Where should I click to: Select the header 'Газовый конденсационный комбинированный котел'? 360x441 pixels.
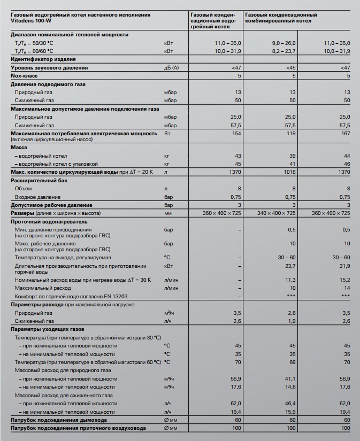[x=280, y=18]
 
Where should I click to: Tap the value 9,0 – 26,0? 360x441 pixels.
[x=283, y=42]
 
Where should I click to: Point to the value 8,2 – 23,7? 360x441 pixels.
[x=283, y=51]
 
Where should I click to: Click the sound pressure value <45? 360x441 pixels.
[x=290, y=68]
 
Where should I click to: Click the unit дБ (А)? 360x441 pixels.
[x=171, y=68]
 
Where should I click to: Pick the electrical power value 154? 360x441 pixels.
[x=236, y=133]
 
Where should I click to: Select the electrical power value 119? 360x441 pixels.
[x=291, y=133]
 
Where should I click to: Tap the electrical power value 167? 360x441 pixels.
[x=345, y=133]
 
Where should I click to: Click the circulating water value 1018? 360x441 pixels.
[x=289, y=172]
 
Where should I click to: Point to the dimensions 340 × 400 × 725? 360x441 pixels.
[x=277, y=213]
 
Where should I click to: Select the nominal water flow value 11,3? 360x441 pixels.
[x=290, y=280]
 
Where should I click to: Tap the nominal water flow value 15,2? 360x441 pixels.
[x=344, y=280]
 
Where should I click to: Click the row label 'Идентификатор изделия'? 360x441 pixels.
[x=43, y=59]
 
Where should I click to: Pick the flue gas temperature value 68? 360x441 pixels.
[x=293, y=362]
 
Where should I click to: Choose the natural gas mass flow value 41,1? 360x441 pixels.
[x=289, y=378]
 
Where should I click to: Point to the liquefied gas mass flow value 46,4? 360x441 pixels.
[x=289, y=404]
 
